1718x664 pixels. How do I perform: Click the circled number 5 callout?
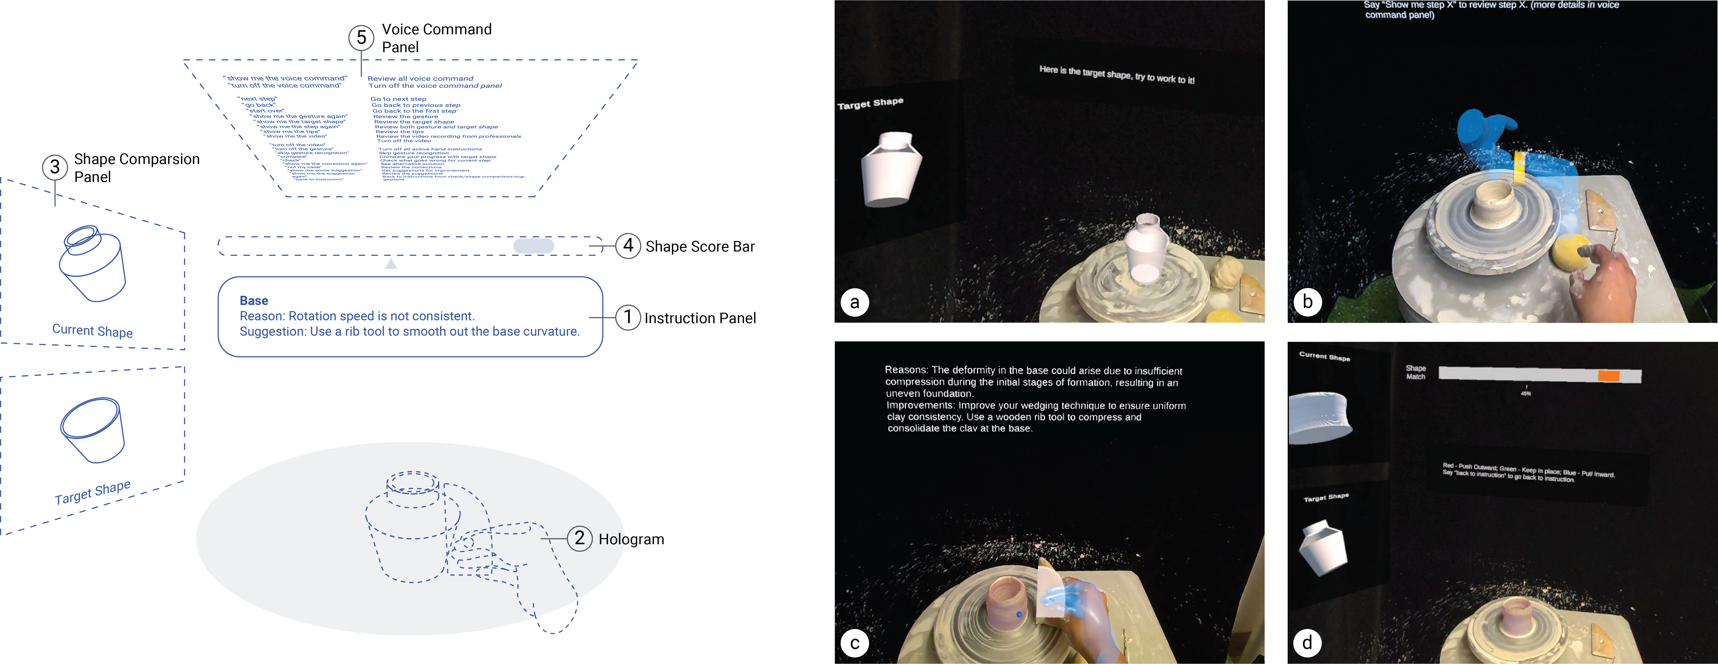pyautogui.click(x=361, y=37)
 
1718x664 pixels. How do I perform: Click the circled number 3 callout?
pyautogui.click(x=55, y=167)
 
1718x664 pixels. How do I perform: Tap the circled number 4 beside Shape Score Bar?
pyautogui.click(x=628, y=246)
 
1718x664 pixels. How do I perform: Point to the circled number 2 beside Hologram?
pyautogui.click(x=579, y=538)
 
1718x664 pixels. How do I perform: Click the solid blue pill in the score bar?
pyautogui.click(x=533, y=246)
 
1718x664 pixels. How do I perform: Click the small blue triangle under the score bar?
pyautogui.click(x=391, y=264)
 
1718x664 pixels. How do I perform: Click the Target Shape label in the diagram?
pyautogui.click(x=93, y=492)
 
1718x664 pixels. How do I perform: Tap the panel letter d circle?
pyautogui.click(x=1307, y=643)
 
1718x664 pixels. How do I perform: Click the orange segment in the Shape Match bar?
pyautogui.click(x=1608, y=376)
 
